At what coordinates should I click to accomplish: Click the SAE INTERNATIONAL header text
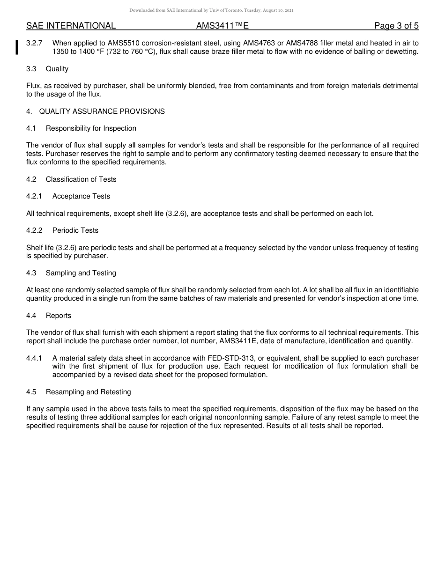tap(71, 26)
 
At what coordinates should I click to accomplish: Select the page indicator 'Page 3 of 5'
tap(396, 26)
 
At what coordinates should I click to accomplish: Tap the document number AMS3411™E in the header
tap(222, 26)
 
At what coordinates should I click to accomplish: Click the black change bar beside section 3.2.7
tap(17, 47)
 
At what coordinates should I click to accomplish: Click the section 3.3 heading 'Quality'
tap(57, 69)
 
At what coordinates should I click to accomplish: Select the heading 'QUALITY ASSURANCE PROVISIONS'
tap(102, 111)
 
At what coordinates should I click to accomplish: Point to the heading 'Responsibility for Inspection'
tap(91, 128)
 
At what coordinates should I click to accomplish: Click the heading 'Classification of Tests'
tap(81, 179)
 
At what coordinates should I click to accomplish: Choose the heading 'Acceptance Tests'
tap(81, 196)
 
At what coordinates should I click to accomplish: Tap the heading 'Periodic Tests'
tap(75, 230)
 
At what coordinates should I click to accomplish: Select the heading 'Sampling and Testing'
tap(81, 273)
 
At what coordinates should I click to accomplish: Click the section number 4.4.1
tap(34, 358)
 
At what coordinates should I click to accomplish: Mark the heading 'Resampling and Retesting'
tap(88, 392)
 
